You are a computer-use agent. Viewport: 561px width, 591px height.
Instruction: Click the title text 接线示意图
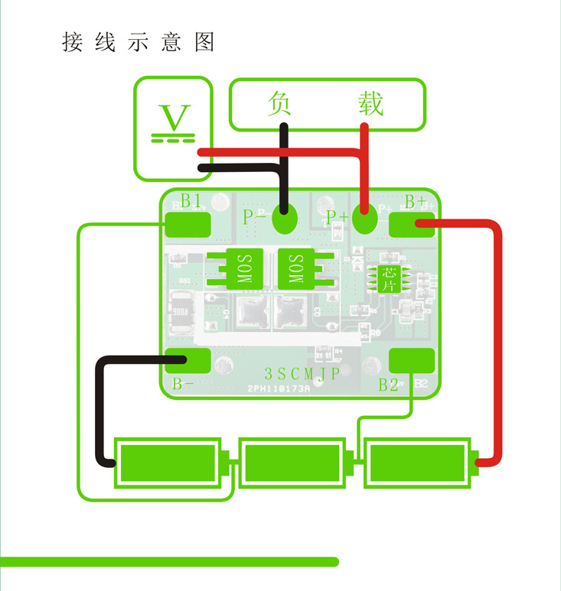(x=139, y=42)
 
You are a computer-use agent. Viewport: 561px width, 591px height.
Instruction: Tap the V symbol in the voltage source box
(x=175, y=118)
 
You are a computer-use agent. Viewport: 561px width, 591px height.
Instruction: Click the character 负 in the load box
(x=280, y=103)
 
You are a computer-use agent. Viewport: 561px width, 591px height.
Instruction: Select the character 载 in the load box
(x=370, y=103)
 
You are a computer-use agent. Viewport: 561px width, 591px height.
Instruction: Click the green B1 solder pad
(x=188, y=224)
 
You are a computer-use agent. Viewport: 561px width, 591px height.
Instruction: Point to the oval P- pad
(x=285, y=220)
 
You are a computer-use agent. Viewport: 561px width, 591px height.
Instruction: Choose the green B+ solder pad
(x=412, y=224)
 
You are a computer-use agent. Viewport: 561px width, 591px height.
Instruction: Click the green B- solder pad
(x=188, y=359)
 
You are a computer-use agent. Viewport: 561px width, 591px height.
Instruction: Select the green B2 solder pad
(x=412, y=359)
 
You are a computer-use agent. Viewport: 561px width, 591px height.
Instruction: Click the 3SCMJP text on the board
(x=302, y=375)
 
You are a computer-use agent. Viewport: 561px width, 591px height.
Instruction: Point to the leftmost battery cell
(x=168, y=463)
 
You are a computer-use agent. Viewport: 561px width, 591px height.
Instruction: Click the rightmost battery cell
(x=418, y=463)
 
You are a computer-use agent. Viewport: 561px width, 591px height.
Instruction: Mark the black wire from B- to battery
(x=100, y=413)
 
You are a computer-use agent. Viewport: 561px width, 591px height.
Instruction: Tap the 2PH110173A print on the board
(x=279, y=389)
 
